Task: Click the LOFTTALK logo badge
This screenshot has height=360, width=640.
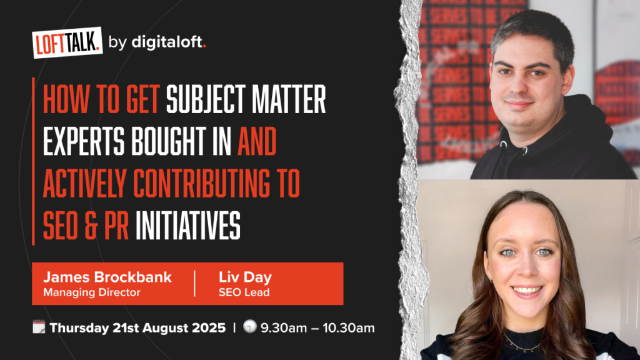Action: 67,42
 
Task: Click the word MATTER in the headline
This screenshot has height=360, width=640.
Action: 289,99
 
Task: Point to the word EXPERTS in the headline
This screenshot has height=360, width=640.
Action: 84,141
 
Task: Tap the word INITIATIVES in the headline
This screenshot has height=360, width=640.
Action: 187,225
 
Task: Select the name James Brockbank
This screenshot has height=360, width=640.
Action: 107,277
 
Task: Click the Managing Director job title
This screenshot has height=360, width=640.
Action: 92,292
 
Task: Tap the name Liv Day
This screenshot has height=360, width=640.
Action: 245,277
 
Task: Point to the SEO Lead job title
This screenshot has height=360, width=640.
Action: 244,292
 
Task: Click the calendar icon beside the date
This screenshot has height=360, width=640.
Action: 39,327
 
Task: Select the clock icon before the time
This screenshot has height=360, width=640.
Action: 250,326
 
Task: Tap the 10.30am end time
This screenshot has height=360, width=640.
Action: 349,327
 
